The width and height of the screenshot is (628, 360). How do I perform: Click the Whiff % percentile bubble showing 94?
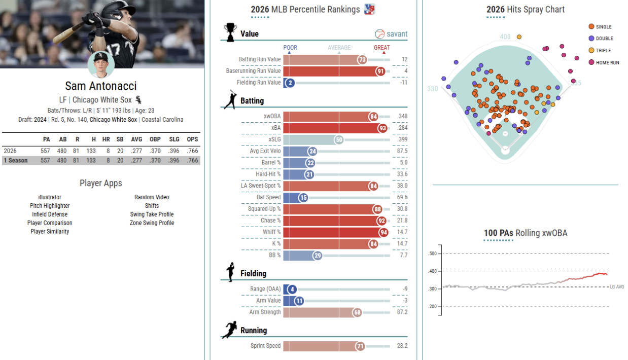(x=383, y=232)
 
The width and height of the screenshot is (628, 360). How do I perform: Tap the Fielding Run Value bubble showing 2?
(x=290, y=83)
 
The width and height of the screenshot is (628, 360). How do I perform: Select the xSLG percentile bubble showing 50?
(x=339, y=140)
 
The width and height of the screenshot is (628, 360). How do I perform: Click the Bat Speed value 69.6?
(x=402, y=197)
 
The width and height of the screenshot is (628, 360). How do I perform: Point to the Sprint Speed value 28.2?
(x=402, y=346)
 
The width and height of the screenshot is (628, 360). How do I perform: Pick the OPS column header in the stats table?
(x=192, y=139)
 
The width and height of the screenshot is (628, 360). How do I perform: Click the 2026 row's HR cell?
(x=108, y=151)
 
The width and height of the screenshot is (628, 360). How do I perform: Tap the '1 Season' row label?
(x=16, y=161)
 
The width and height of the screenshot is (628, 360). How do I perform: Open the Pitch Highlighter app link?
(x=50, y=206)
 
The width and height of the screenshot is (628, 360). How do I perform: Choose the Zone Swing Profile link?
(x=152, y=223)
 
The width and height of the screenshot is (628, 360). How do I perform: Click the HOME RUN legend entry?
(x=604, y=62)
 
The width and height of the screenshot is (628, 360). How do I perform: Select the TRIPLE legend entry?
(x=600, y=50)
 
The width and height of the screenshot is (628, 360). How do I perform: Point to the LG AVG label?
(x=617, y=287)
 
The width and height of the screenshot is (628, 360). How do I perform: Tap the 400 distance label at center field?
(x=505, y=37)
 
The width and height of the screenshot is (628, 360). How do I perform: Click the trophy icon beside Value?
(x=230, y=32)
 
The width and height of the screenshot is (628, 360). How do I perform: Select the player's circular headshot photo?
(x=101, y=65)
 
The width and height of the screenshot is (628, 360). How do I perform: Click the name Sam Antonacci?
(x=101, y=86)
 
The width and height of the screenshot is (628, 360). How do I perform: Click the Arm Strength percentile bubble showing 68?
(x=357, y=312)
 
